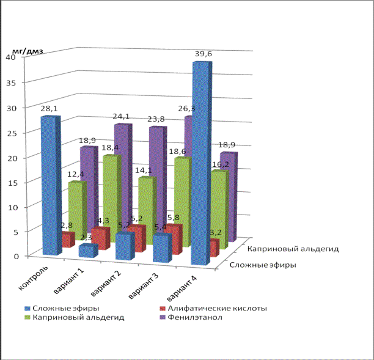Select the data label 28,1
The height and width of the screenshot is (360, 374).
pos(50,109)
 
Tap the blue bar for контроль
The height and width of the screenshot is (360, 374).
pos(50,183)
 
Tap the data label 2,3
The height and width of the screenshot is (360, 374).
pos(86,237)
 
